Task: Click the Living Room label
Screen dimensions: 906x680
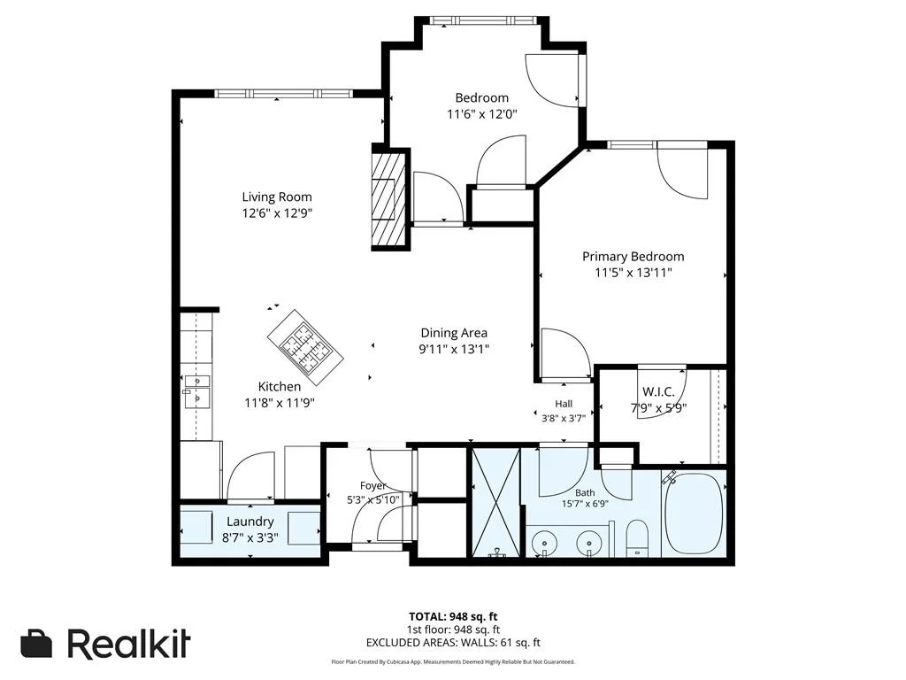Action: (277, 197)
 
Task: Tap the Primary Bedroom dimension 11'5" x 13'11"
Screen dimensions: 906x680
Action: (633, 273)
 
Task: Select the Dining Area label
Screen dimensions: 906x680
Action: (454, 333)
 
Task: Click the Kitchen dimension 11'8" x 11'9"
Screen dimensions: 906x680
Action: (279, 403)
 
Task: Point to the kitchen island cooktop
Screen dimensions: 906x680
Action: (305, 347)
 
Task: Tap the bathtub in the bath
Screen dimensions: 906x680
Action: (694, 514)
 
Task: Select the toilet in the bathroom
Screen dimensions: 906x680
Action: (638, 537)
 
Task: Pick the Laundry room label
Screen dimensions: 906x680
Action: (250, 522)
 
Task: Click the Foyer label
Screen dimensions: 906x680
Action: (372, 486)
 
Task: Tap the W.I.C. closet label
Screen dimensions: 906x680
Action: (658, 392)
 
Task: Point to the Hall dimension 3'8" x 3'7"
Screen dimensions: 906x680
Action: (564, 418)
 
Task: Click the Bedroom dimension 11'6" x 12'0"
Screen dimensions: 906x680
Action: (482, 114)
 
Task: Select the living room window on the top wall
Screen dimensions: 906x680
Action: (283, 93)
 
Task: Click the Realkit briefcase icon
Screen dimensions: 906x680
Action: (36, 644)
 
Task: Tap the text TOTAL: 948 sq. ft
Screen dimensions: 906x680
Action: (453, 617)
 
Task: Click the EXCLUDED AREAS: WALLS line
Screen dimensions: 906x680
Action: (453, 643)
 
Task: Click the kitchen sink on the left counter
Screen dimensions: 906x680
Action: (196, 390)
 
